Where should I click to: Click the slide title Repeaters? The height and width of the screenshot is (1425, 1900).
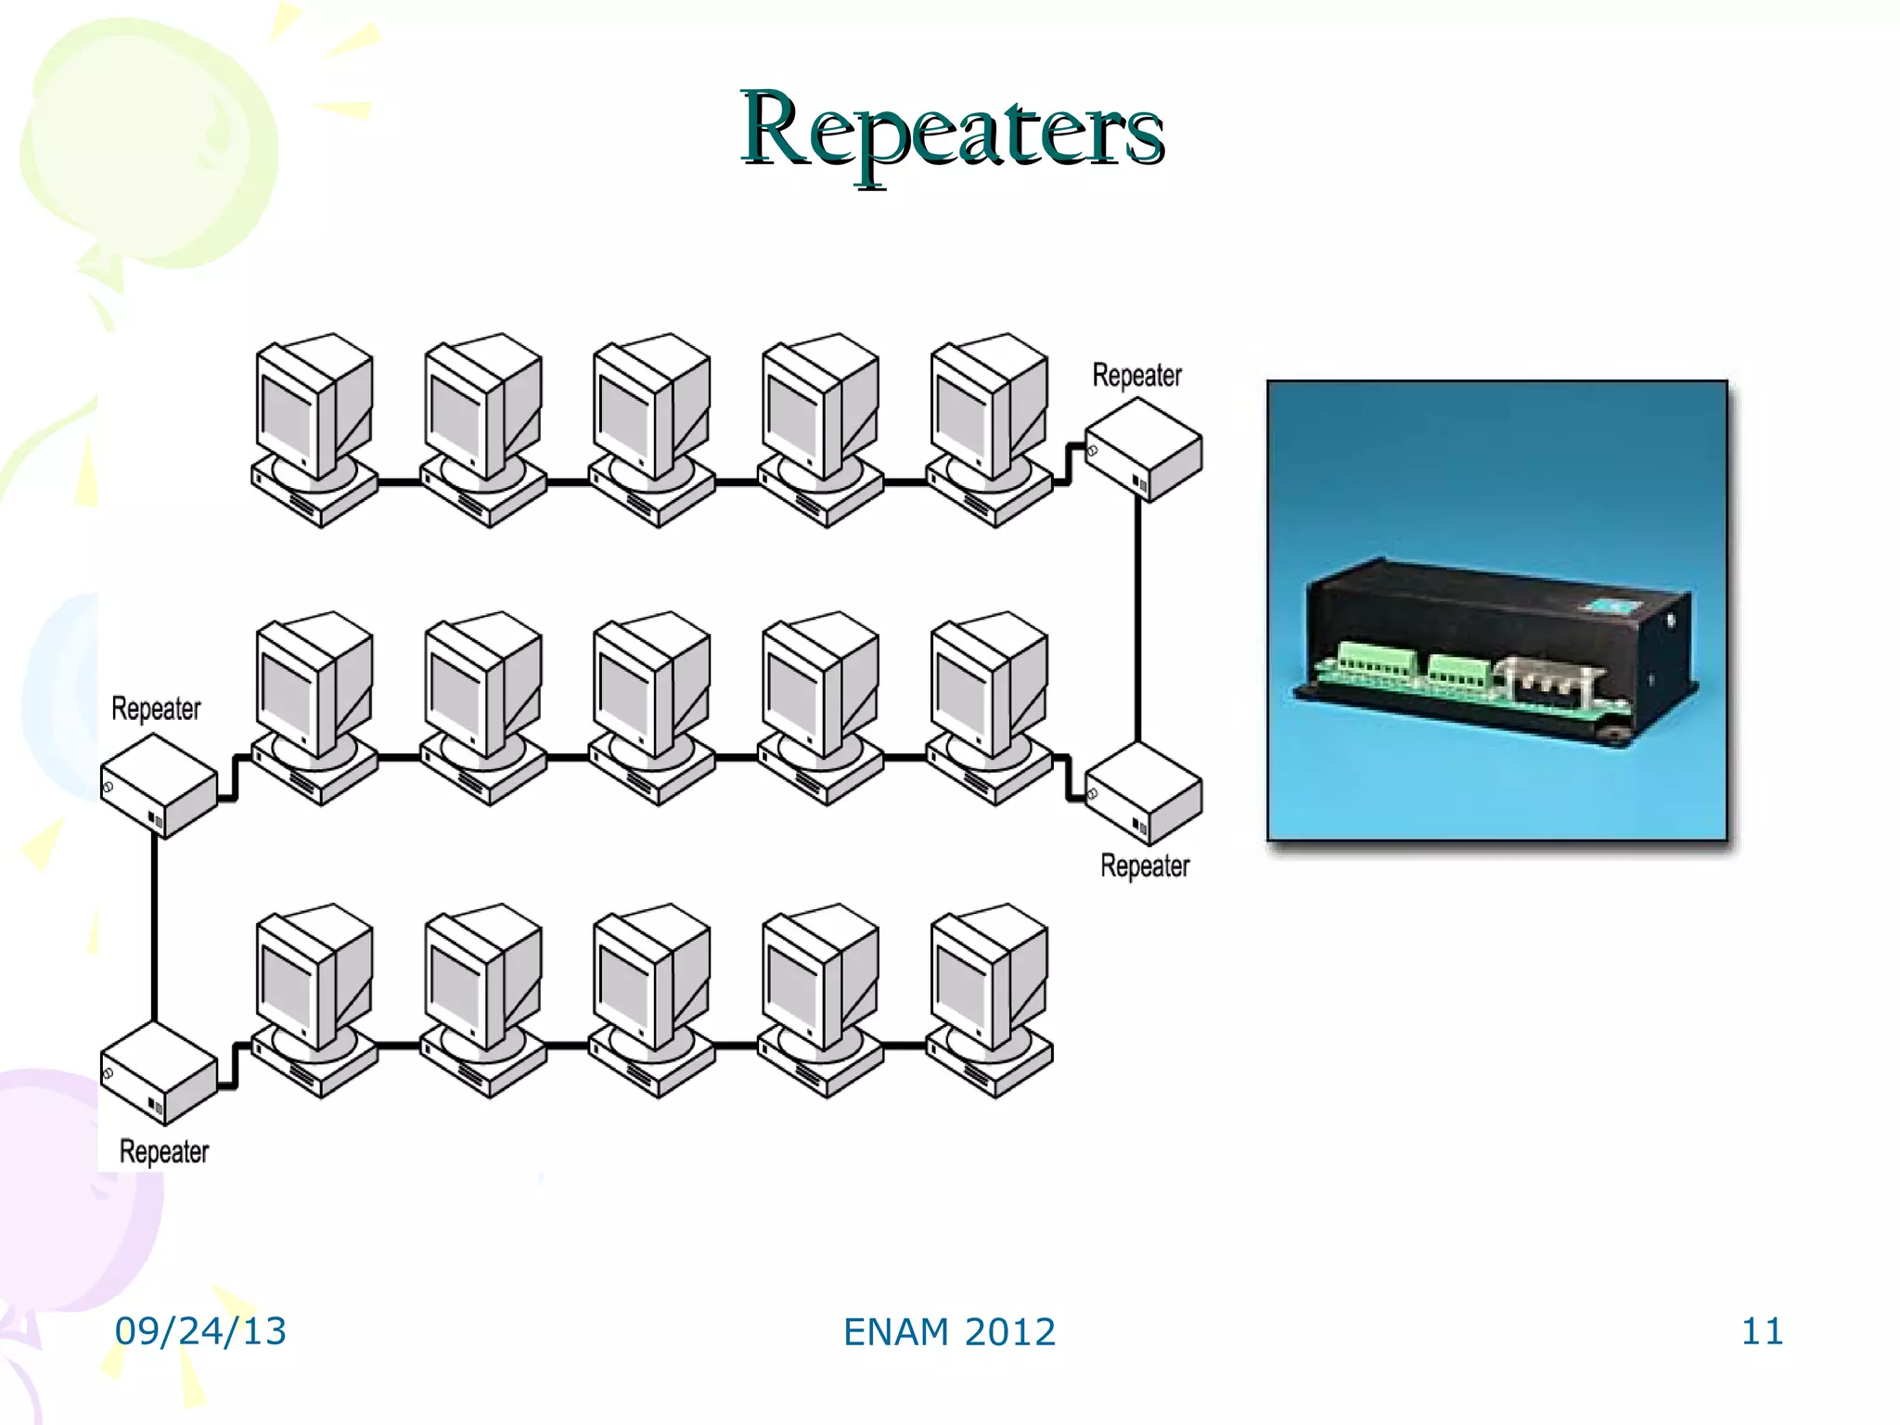952,130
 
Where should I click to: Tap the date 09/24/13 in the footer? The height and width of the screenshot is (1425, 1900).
200,1331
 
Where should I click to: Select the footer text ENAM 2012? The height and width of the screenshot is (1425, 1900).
949,1332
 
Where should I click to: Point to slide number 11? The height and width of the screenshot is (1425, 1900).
1762,1331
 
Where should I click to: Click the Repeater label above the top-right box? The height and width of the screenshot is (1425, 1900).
1136,376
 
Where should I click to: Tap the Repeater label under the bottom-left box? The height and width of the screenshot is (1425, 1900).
164,1152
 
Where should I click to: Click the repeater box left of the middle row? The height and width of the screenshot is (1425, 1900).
159,787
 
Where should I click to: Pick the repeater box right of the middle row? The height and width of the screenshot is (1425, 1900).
1143,795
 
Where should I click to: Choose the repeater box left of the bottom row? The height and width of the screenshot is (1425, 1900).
159,1073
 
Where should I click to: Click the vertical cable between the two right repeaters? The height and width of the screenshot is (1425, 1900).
1138,622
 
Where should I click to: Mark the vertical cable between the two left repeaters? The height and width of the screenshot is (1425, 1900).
154,928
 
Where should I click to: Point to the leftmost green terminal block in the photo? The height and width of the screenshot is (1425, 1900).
1377,661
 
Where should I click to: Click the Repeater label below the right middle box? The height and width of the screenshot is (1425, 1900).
1145,867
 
